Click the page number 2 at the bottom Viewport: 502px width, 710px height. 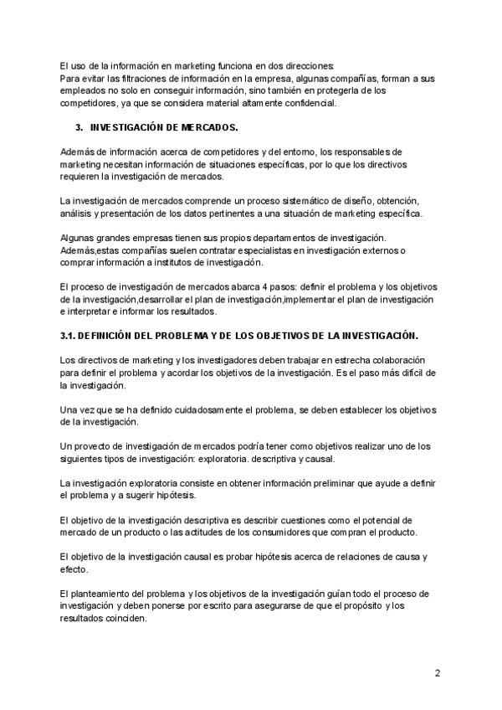438,672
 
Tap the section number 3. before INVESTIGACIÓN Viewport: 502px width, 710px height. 79,127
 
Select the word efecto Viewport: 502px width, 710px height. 74,569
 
